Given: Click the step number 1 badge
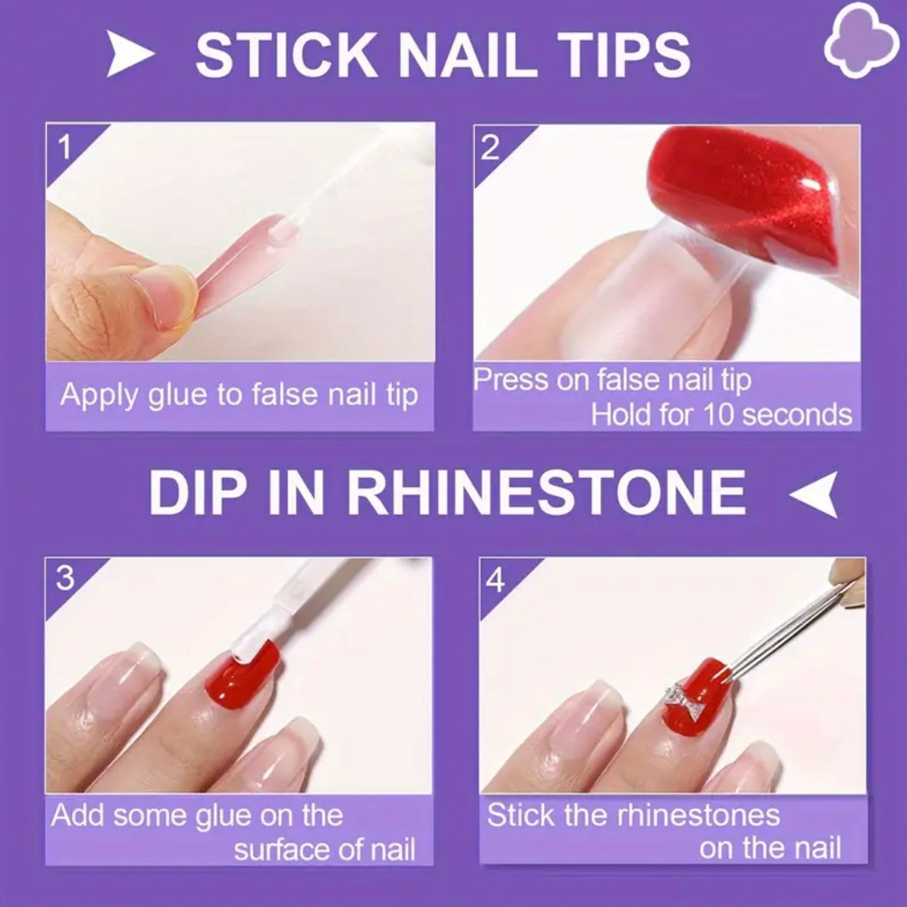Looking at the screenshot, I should (65, 147).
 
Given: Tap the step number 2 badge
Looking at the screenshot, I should (490, 148).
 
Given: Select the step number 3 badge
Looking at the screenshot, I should (64, 579).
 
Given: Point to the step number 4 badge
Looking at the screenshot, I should (497, 581).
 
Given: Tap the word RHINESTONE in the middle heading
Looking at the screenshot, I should (545, 492).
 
